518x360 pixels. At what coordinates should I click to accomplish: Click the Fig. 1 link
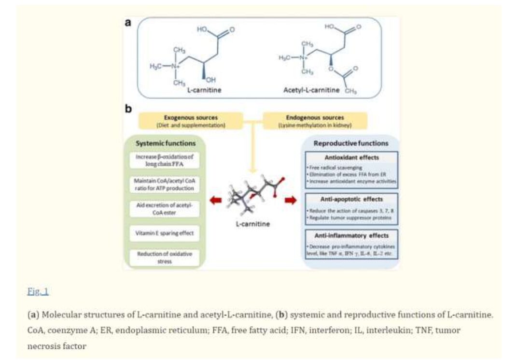[38, 291]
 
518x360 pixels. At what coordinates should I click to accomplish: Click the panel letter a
[128, 23]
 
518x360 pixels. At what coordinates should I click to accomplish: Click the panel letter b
[128, 109]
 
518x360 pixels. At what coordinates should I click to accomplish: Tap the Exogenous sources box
[184, 121]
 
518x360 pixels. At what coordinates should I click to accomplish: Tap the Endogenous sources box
[315, 121]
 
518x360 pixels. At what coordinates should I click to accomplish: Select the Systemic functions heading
[165, 144]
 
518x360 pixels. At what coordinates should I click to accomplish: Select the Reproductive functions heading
[350, 144]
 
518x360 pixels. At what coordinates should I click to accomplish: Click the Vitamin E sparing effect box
[165, 233]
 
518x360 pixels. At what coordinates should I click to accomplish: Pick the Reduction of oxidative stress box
[165, 258]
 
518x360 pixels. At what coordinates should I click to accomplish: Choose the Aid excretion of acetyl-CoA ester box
[165, 208]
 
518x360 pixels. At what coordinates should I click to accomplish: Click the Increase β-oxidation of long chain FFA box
[165, 160]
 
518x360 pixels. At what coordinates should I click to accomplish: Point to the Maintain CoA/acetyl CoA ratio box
[165, 184]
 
